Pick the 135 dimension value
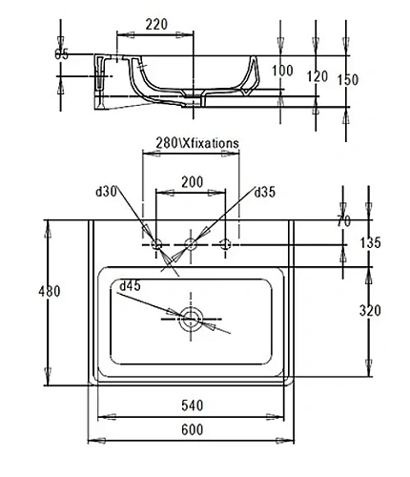coord(370,243)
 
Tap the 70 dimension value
coord(345,222)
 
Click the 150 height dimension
coord(348,80)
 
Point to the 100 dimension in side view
coord(282,71)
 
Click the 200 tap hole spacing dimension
coord(192,181)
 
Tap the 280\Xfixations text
coord(197,143)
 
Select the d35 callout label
coord(266,192)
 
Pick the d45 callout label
coord(130,285)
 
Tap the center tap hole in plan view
coord(191,243)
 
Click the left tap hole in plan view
coord(156,243)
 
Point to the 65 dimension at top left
coord(61,54)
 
